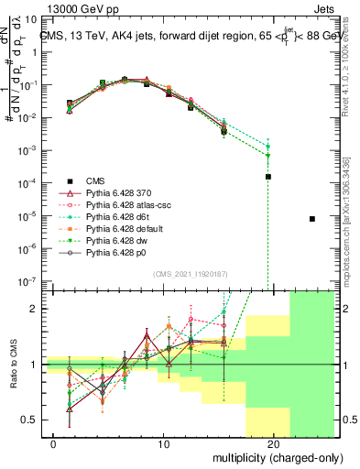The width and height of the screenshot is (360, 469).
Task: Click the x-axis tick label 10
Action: click(x=163, y=444)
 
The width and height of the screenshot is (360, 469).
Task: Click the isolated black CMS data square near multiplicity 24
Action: click(x=312, y=219)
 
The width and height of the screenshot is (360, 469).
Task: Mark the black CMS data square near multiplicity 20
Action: click(x=268, y=177)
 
